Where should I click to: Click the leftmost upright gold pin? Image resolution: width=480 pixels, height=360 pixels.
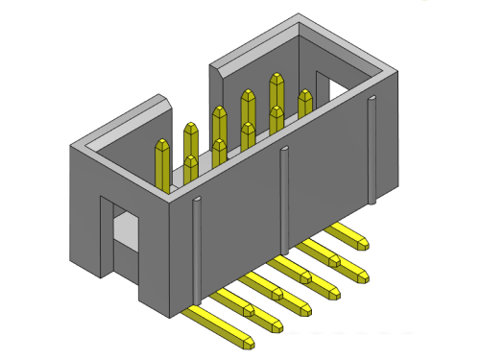click(162, 163)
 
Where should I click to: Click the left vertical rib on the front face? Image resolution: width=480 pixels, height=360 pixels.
click(197, 250)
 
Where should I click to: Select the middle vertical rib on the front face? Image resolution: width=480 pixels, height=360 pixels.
click(284, 192)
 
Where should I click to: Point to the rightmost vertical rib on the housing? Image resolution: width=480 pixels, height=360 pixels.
click(371, 149)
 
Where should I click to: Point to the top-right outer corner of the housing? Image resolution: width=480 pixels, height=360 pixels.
click(395, 73)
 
